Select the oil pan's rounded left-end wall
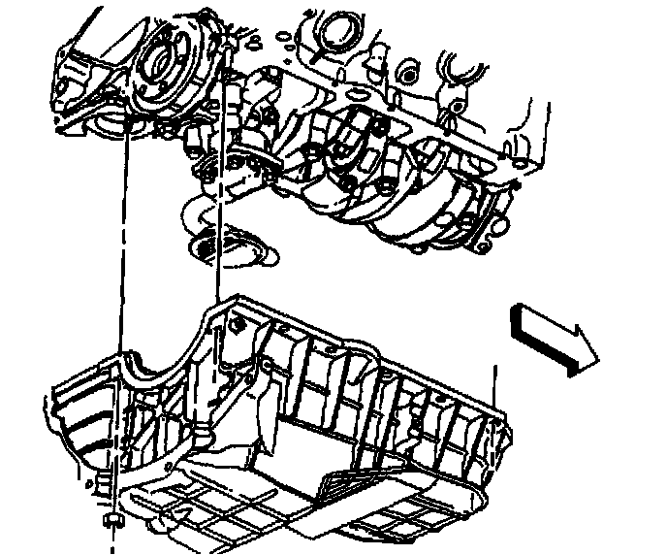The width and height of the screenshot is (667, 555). (x=68, y=427)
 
